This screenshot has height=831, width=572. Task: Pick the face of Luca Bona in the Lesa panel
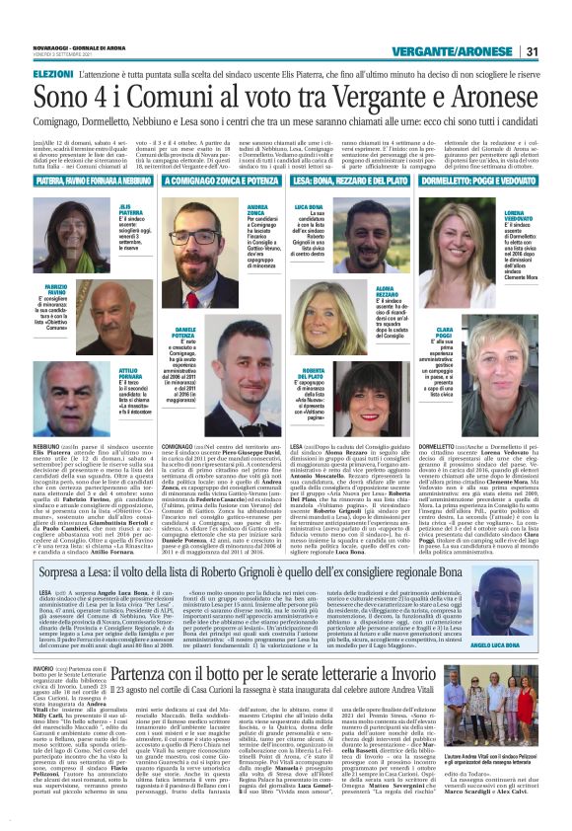(370, 237)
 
